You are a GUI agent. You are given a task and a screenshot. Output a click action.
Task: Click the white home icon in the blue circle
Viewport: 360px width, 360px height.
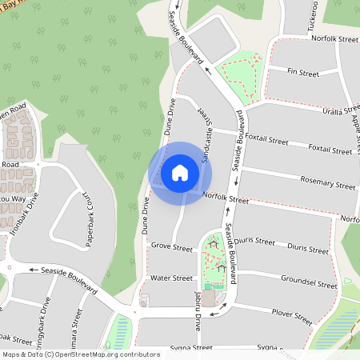[x=180, y=172]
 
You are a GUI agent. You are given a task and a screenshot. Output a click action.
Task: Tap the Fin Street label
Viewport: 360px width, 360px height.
[x=303, y=74]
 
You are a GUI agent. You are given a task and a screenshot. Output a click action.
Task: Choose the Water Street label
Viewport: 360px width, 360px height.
[x=172, y=278]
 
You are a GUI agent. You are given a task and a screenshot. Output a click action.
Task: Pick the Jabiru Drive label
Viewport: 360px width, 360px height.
[x=197, y=324]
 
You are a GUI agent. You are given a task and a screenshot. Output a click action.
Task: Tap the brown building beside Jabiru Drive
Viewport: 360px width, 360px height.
[x=208, y=298]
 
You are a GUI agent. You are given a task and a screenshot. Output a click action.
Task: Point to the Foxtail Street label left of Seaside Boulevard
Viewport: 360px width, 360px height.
[x=267, y=140]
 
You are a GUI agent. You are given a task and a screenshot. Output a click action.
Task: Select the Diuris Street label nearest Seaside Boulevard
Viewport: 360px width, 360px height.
[x=258, y=241]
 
